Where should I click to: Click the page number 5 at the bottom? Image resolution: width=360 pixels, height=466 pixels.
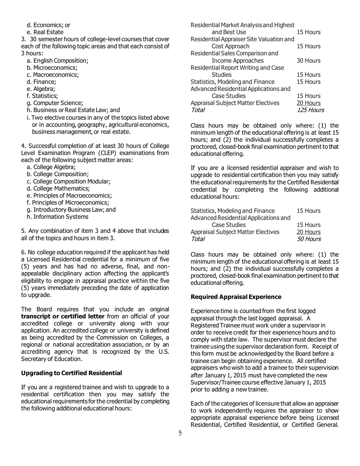(x=180, y=433)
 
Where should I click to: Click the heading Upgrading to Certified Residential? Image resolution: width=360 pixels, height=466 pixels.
(x=72, y=373)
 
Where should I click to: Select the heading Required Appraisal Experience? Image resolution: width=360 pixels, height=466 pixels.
(x=236, y=296)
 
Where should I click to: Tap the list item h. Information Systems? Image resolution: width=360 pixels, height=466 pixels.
(x=58, y=217)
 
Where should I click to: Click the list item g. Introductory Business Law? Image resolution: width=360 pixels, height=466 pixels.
(x=71, y=210)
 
